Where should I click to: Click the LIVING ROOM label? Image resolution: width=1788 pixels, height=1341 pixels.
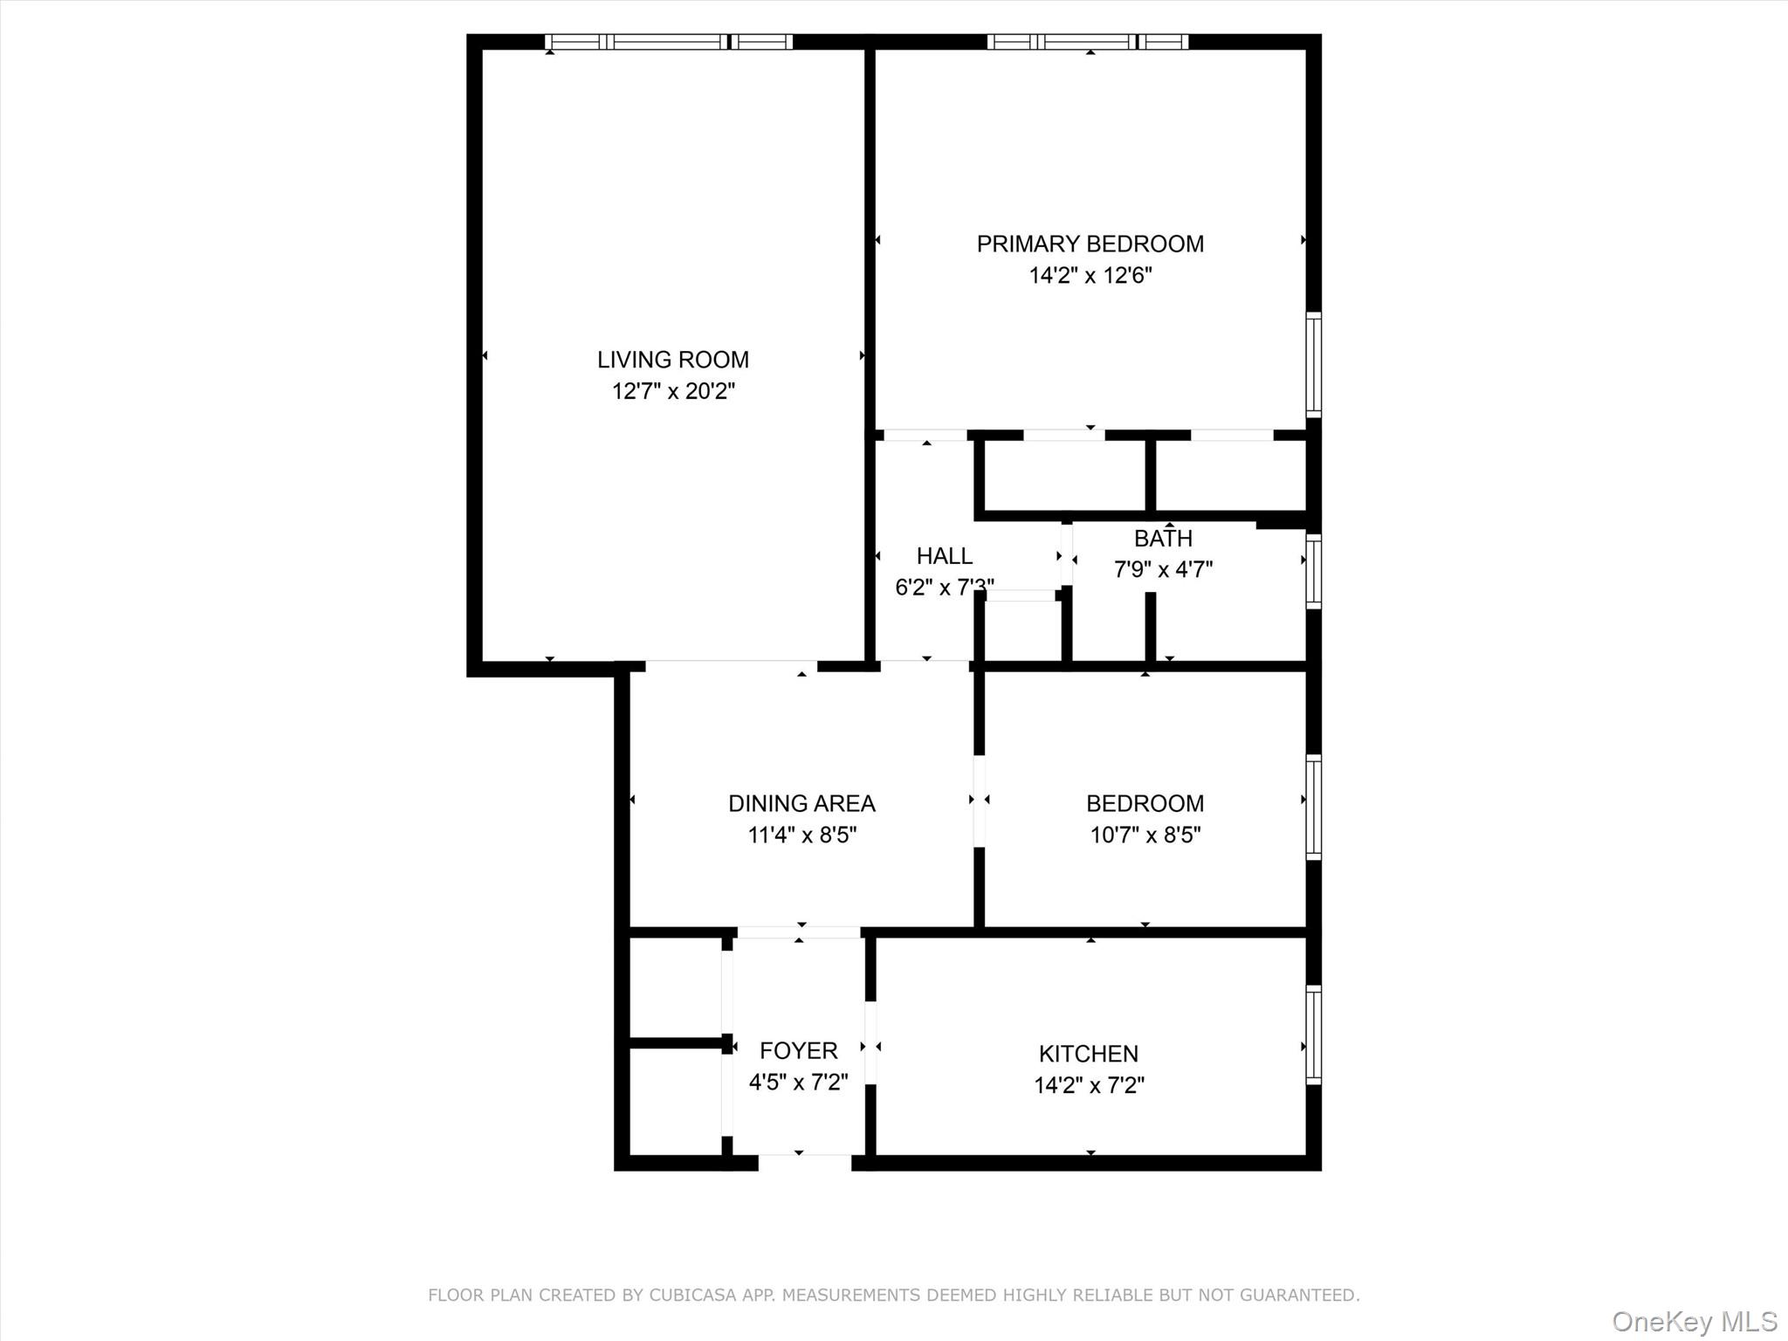[x=672, y=360]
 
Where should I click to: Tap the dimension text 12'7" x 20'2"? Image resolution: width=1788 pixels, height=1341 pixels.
[x=672, y=391]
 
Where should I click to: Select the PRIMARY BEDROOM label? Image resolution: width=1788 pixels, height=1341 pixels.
[x=1090, y=244]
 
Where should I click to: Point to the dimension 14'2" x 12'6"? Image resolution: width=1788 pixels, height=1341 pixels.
[x=1090, y=276]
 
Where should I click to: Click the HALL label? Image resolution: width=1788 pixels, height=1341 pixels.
[x=944, y=556]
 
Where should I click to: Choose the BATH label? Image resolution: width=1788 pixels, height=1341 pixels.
[x=1163, y=539]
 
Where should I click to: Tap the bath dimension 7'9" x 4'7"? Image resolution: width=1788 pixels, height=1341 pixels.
[x=1163, y=570]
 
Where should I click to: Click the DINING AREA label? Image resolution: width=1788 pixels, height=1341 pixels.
[x=801, y=803]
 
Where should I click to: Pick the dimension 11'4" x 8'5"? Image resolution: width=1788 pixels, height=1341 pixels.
[x=801, y=836]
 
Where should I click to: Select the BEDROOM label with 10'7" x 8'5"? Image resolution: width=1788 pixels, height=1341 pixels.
[x=1145, y=803]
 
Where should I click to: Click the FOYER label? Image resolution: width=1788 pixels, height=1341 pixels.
[x=798, y=1050]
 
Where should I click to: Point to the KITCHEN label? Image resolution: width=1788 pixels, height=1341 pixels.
[x=1088, y=1054]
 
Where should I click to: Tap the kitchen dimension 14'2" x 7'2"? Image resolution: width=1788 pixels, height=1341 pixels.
[x=1089, y=1085]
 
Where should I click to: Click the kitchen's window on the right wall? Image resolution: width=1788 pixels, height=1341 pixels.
[x=1313, y=1035]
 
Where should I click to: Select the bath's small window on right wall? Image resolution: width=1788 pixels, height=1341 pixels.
[x=1313, y=571]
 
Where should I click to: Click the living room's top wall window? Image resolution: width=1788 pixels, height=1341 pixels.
[x=669, y=41]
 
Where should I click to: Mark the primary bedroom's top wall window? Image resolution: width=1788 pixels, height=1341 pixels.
[x=1088, y=41]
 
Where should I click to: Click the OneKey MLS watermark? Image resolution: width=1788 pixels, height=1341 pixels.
[x=1694, y=1321]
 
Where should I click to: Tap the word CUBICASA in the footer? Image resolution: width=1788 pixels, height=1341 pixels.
[x=689, y=1296]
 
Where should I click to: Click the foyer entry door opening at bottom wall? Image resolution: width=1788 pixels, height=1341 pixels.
[x=804, y=1162]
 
